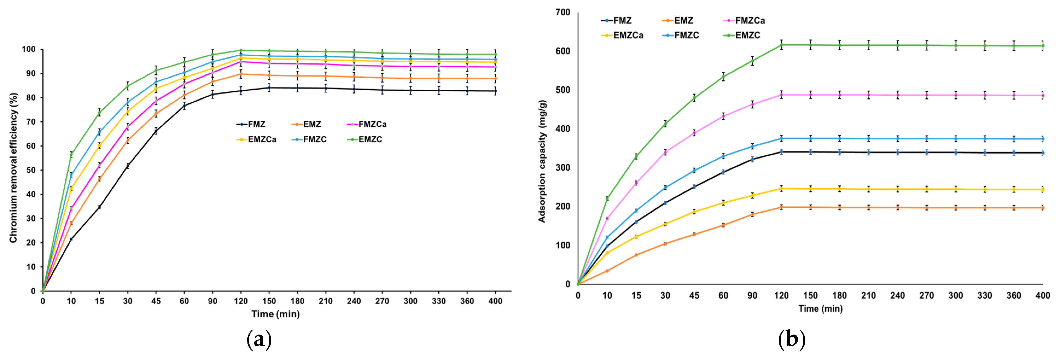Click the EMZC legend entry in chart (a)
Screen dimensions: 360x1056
tap(365, 139)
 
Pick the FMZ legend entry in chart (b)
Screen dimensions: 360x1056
tap(617, 21)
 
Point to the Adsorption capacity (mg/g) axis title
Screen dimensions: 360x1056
tap(542, 161)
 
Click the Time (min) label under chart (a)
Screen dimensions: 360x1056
tap(275, 314)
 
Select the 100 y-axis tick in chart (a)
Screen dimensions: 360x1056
tap(29, 49)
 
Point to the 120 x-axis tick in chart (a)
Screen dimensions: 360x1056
tap(241, 301)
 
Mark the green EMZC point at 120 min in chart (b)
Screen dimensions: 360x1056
tap(781, 45)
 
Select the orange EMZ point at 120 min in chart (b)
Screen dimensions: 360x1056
tap(781, 207)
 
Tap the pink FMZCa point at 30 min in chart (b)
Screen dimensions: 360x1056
tap(665, 152)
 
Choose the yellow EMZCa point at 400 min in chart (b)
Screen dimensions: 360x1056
tap(1043, 189)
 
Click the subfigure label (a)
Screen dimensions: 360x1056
tap(259, 339)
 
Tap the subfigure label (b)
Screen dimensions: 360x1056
tap(792, 339)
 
